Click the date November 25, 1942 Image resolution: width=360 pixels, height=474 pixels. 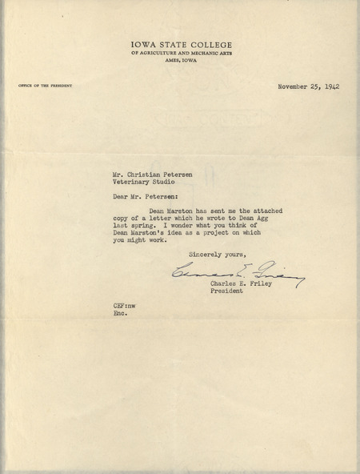tap(308, 86)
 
